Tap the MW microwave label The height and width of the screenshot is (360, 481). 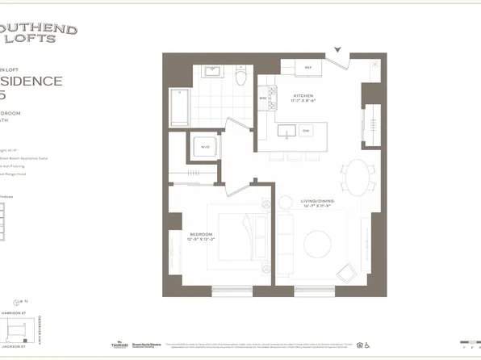(x=262, y=98)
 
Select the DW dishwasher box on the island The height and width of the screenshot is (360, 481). (x=306, y=130)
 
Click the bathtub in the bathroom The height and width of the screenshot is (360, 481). (x=178, y=105)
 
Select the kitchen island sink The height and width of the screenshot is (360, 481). (x=284, y=131)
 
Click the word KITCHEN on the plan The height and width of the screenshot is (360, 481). (x=303, y=95)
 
